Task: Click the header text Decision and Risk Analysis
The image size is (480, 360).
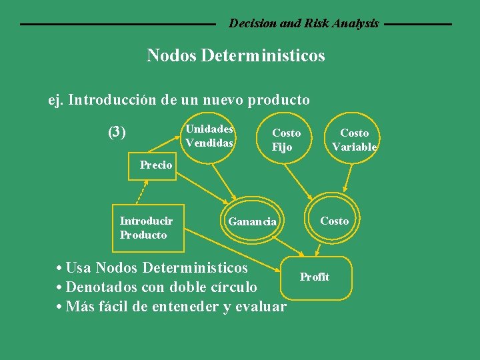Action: coord(304,23)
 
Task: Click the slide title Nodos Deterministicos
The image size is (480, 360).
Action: coord(235,55)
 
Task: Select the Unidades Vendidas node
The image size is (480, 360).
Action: coord(209,136)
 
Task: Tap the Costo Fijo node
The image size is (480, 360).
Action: coord(286,140)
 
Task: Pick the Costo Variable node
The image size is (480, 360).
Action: coord(354,140)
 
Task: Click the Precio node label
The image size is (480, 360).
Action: coord(156,165)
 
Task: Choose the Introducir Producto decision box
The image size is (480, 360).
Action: coord(147,228)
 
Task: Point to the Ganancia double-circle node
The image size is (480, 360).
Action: coord(252,221)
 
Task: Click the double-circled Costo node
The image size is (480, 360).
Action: coord(334,221)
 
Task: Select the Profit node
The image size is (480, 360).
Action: coord(315,277)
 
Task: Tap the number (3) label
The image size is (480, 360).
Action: coord(117,132)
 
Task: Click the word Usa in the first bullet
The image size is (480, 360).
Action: coord(79,268)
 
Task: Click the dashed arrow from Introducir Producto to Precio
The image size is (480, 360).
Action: coord(141,189)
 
